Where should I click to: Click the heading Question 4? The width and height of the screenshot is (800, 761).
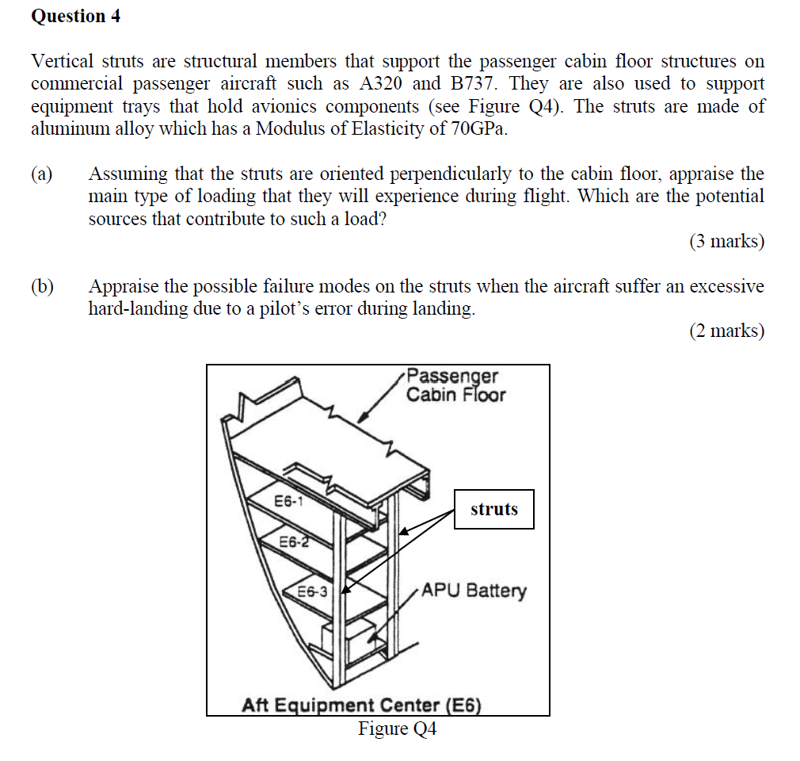pos(76,16)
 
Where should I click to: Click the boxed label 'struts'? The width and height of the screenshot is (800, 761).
pos(493,509)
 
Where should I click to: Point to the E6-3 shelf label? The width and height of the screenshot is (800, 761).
pos(312,591)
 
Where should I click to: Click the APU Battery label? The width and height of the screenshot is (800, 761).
pos(473,591)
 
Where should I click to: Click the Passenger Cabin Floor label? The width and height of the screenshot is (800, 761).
pos(455,385)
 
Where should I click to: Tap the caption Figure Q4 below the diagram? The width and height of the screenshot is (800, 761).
pos(397,728)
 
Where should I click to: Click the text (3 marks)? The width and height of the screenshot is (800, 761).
pos(726,242)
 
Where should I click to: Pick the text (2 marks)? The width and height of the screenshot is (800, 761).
pos(726,331)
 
